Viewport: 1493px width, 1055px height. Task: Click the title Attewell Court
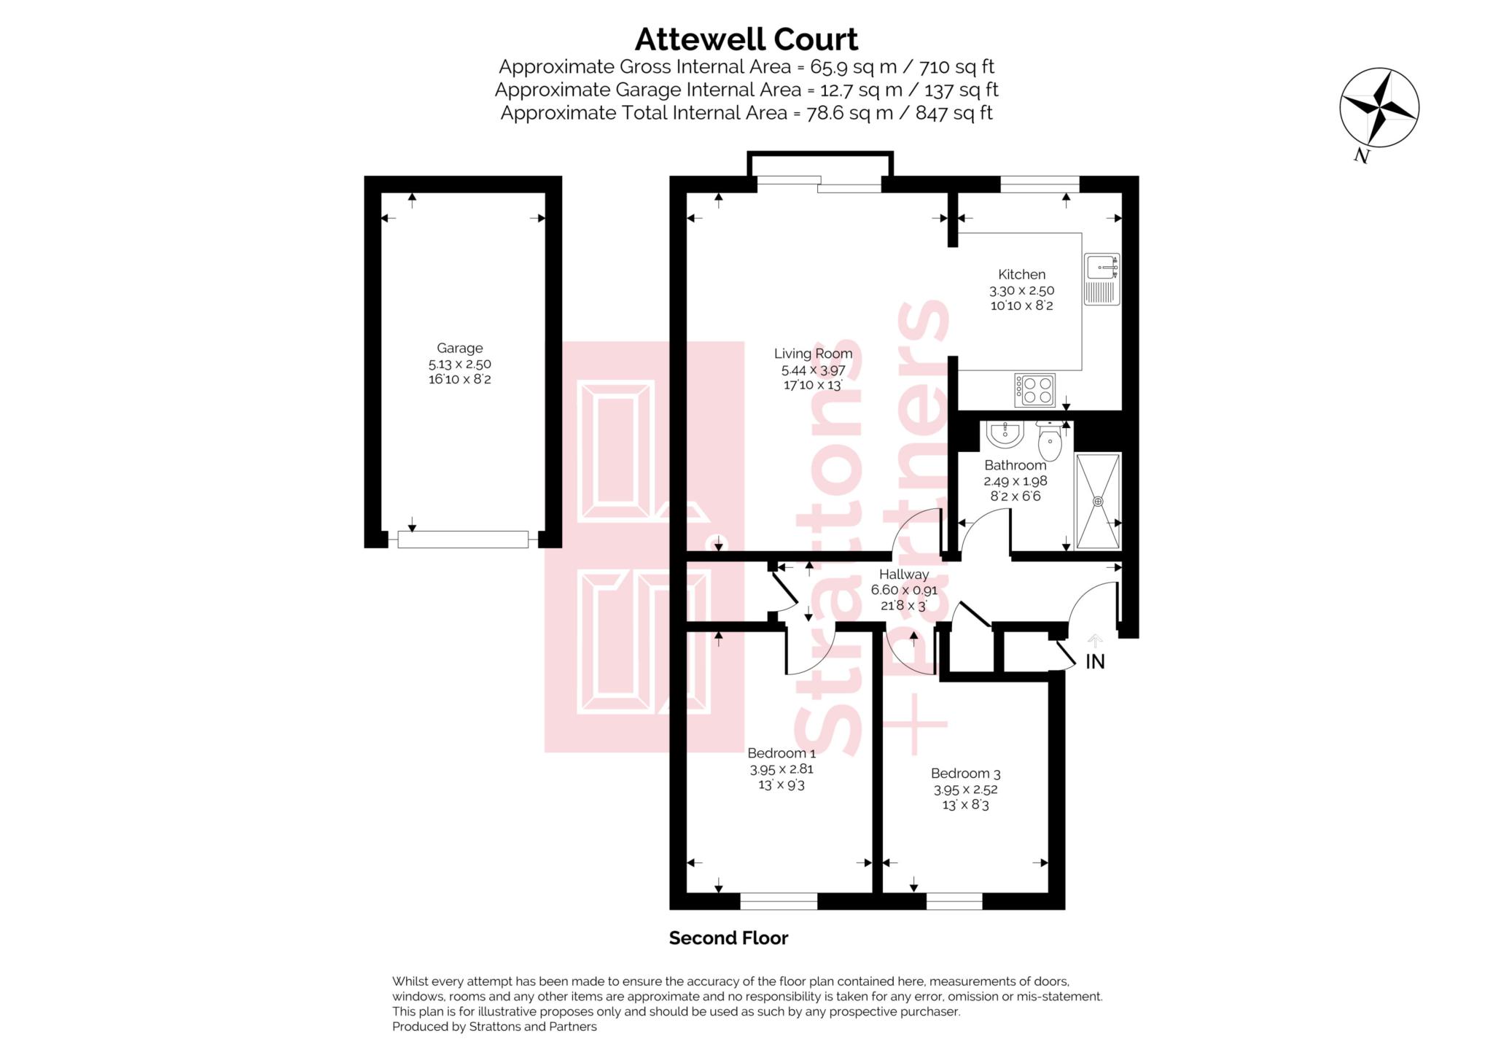[746, 39]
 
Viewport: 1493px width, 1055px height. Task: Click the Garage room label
[460, 349]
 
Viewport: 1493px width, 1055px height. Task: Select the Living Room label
[813, 354]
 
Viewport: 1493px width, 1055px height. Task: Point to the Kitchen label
[1021, 275]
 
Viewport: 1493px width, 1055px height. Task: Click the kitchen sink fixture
[1102, 279]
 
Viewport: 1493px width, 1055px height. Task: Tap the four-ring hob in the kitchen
[1034, 390]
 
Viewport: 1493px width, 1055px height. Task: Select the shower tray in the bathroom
[1098, 501]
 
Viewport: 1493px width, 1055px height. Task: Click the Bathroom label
[1015, 465]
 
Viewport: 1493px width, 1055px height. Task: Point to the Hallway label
[904, 575]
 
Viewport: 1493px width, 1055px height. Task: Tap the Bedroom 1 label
[781, 753]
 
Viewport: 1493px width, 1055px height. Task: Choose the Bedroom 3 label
[965, 774]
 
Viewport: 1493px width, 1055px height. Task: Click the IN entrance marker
[1095, 661]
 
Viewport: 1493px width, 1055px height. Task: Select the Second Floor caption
[728, 938]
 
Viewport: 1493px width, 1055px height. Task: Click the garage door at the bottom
[463, 540]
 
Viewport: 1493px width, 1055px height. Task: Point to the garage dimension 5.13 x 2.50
[460, 364]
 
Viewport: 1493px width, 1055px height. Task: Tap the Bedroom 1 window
[779, 902]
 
